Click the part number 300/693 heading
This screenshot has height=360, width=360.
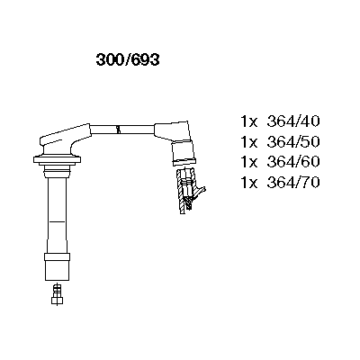(x=128, y=60)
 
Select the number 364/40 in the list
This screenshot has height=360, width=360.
(x=293, y=121)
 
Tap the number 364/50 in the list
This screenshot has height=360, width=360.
(x=293, y=141)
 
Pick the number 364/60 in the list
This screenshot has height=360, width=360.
(x=293, y=162)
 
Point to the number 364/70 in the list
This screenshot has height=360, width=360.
(x=293, y=183)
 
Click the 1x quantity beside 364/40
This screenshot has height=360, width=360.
(x=249, y=121)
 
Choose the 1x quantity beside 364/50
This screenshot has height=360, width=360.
(x=249, y=141)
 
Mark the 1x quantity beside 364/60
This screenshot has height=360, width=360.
(x=249, y=162)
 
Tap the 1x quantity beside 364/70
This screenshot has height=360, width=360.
(x=249, y=183)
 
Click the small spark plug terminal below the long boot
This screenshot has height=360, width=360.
(x=57, y=294)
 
